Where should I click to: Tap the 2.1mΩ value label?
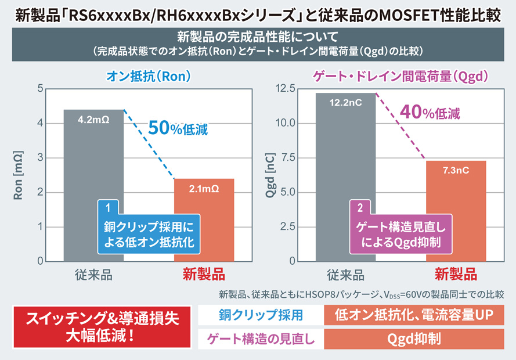pos(204,189)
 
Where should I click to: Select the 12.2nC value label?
pos(345,103)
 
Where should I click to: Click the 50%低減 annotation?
pos(178,128)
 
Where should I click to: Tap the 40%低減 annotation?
pos(430,112)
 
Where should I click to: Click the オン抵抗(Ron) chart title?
pos(149,76)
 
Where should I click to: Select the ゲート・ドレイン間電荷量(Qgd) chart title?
pos(400,76)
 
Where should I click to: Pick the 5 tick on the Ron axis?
pos(39,89)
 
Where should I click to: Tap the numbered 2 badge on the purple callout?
pos(360,206)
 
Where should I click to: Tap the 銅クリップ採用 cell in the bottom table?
pos(261,315)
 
